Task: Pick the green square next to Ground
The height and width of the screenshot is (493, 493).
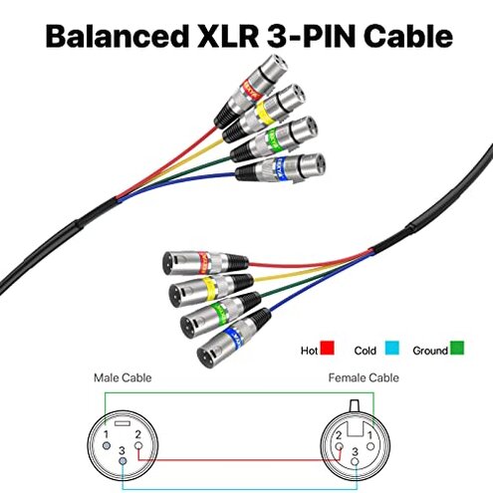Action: coord(457,349)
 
